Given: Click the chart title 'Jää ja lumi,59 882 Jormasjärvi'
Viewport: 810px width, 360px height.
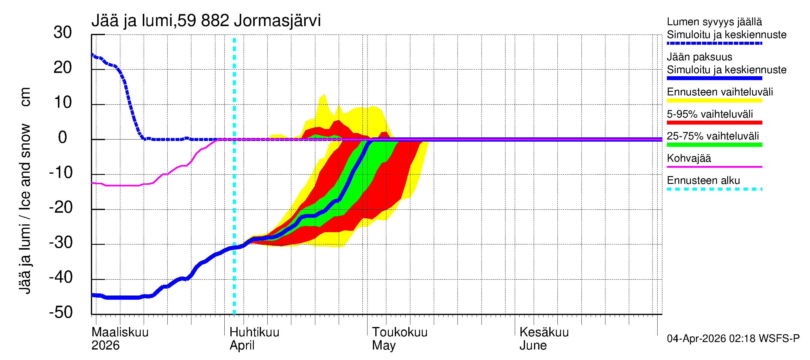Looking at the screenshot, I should click(206, 21).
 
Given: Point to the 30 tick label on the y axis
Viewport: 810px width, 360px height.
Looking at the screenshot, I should click(63, 32).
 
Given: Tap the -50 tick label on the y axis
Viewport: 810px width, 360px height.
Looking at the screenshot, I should click(61, 312).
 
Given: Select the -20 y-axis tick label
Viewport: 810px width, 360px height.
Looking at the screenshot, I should click(61, 207).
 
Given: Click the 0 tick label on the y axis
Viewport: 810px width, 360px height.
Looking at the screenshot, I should click(63, 137).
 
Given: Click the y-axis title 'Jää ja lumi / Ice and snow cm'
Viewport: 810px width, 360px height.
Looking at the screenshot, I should click(25, 190).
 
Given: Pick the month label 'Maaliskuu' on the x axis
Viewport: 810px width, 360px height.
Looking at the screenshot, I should click(120, 332).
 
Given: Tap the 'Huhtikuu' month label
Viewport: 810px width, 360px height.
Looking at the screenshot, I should click(254, 332).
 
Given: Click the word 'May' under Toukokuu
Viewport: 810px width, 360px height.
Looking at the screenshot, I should click(384, 346).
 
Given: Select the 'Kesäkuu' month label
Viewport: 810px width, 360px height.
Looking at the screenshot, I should click(544, 332).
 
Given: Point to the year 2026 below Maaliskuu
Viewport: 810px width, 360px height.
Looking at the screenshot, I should click(105, 346).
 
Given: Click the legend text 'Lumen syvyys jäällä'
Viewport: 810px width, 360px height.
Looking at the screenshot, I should click(714, 22).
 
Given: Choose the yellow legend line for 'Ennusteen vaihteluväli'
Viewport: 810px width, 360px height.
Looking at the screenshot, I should click(714, 100).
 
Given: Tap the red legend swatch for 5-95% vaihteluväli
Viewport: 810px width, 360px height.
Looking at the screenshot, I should click(714, 123).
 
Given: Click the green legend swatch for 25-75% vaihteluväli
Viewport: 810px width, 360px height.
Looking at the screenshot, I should click(714, 145).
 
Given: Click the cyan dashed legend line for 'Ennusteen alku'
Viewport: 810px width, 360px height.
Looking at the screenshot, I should click(714, 189).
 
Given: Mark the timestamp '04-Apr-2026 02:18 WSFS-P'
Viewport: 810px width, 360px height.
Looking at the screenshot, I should click(733, 339).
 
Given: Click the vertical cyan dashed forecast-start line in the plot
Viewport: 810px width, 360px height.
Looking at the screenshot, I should click(234, 189).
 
